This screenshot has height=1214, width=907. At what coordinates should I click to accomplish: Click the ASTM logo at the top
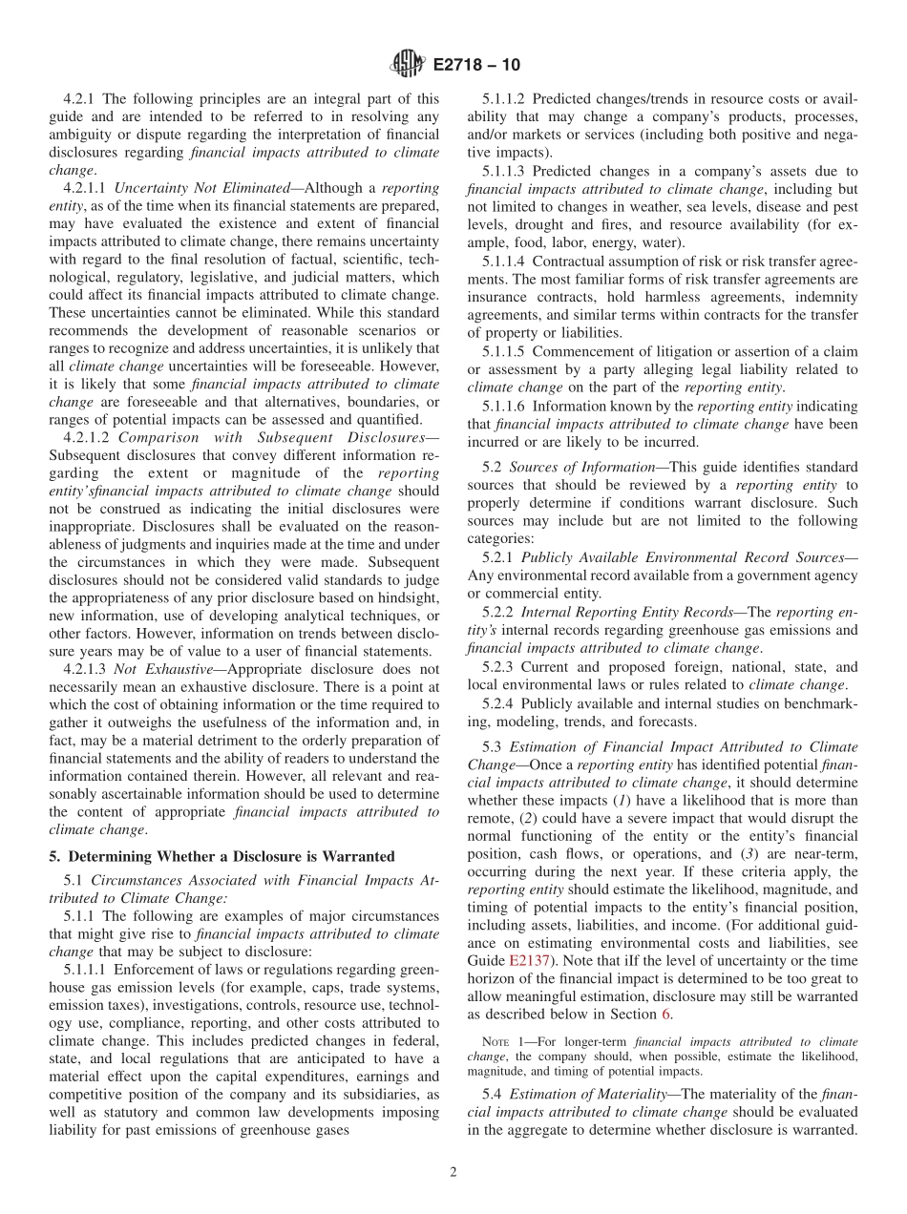[408, 65]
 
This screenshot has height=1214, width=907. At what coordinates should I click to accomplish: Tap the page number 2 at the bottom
[453, 1172]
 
